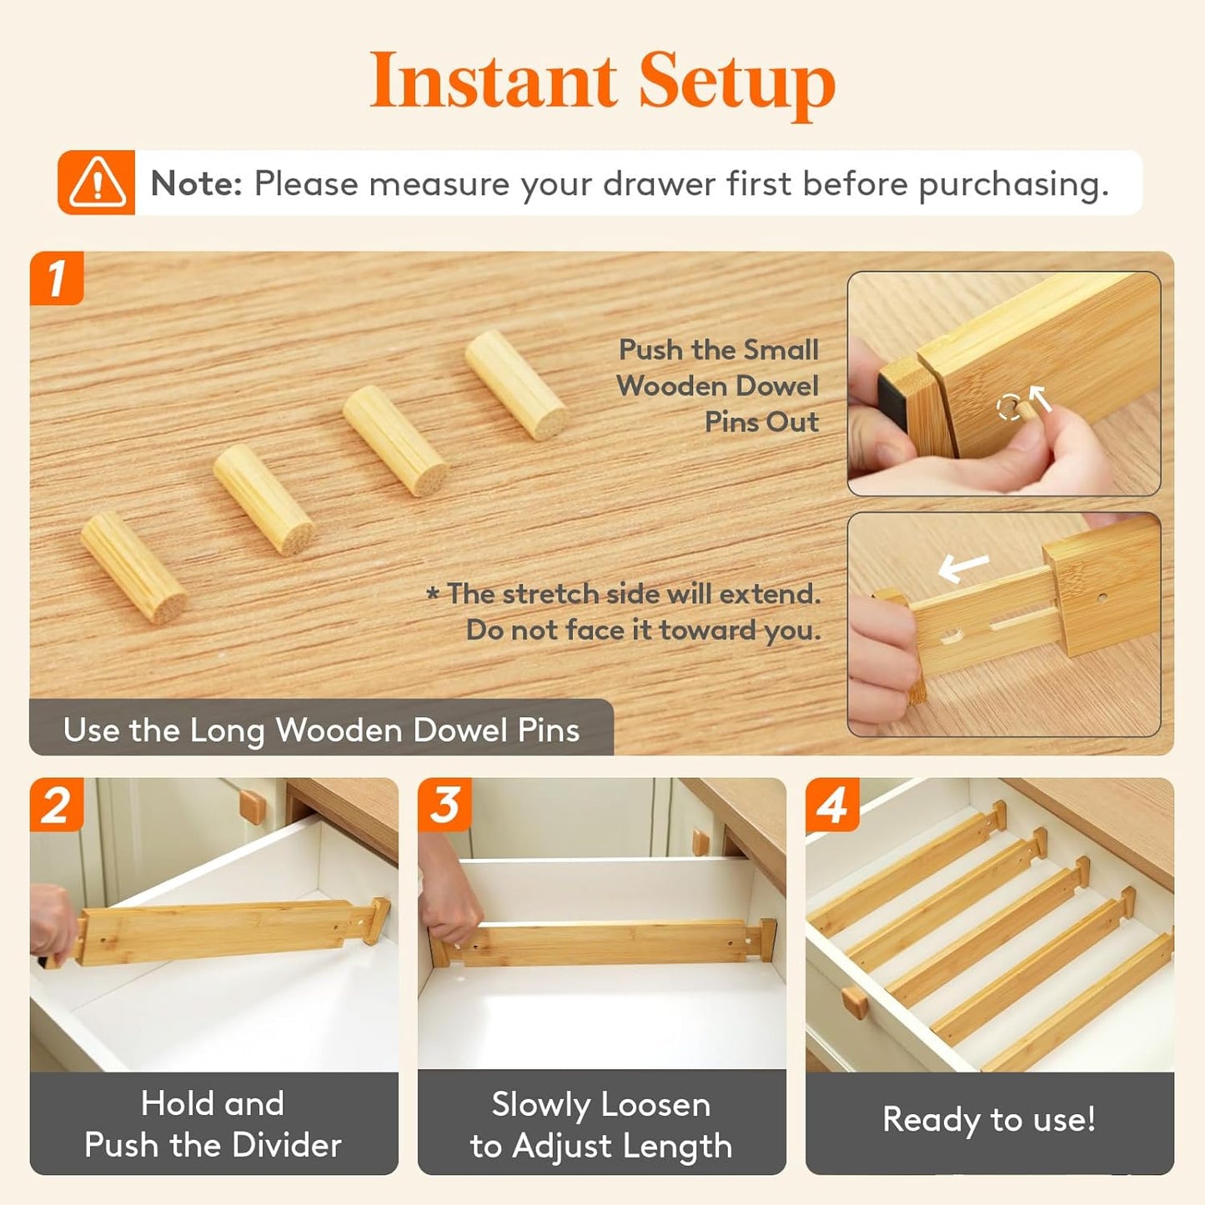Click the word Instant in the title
point(493,81)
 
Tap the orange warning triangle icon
point(97,183)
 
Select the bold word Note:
point(196,183)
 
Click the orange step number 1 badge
point(57,279)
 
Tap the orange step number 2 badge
point(57,806)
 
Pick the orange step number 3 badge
point(444,806)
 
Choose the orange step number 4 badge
point(832,806)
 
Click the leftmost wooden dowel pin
point(133,567)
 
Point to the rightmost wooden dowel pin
point(516,385)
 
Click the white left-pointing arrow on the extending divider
point(964,568)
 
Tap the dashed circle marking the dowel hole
point(1009,408)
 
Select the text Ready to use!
point(989,1119)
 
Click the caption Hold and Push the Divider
point(213,1124)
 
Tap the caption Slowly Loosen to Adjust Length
point(601,1125)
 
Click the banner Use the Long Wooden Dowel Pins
point(321,730)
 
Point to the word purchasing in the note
point(1013,184)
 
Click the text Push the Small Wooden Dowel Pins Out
point(719,385)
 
